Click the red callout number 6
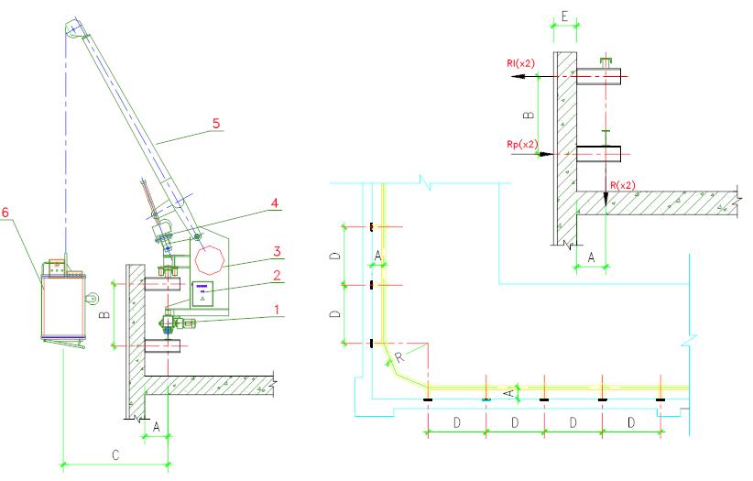[6, 213]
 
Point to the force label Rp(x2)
[520, 144]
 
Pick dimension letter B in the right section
[527, 115]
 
